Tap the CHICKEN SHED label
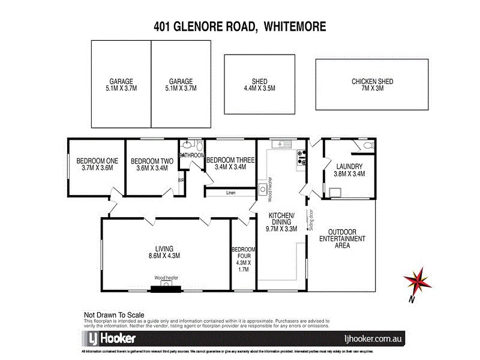pyautogui.click(x=372, y=85)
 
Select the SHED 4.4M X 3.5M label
pyautogui.click(x=259, y=85)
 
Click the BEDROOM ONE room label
pyautogui.click(x=97, y=164)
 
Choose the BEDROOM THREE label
pyautogui.click(x=230, y=163)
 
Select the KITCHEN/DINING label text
pyautogui.click(x=281, y=221)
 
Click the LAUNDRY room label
pyautogui.click(x=350, y=170)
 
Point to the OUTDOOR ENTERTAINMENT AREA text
pyautogui.click(x=342, y=239)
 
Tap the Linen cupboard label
pyautogui.click(x=231, y=193)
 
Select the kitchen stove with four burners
pyautogui.click(x=301, y=157)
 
